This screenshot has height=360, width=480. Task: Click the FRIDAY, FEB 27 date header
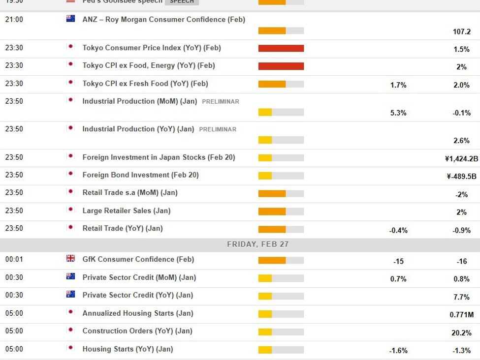tap(257, 244)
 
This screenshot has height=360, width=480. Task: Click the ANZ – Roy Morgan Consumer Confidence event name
tap(163, 20)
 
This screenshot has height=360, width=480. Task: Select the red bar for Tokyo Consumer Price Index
tap(281, 48)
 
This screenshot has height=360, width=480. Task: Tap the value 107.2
tap(461, 31)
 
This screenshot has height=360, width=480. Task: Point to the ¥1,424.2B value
tap(461, 159)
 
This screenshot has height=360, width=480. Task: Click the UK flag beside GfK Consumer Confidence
tap(70, 259)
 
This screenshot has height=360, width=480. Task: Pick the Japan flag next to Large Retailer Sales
tap(70, 210)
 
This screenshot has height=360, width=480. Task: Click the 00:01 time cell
tap(14, 259)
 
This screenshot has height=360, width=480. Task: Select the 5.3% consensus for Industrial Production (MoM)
tap(398, 113)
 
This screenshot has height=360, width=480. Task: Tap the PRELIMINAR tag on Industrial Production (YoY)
tap(218, 129)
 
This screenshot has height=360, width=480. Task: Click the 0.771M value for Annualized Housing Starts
tap(461, 315)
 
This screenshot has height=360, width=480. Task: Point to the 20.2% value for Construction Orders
tap(461, 332)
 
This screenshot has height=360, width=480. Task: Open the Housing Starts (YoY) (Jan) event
tap(128, 349)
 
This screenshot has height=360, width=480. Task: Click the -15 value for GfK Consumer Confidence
tap(398, 261)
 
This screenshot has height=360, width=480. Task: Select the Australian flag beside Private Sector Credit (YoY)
tap(70, 294)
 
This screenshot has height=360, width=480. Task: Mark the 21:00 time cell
tap(14, 20)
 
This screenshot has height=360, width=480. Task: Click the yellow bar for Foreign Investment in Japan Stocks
tap(265, 158)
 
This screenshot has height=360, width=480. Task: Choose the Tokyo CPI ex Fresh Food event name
tap(145, 84)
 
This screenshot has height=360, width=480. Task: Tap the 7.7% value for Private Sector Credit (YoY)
tap(461, 297)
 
